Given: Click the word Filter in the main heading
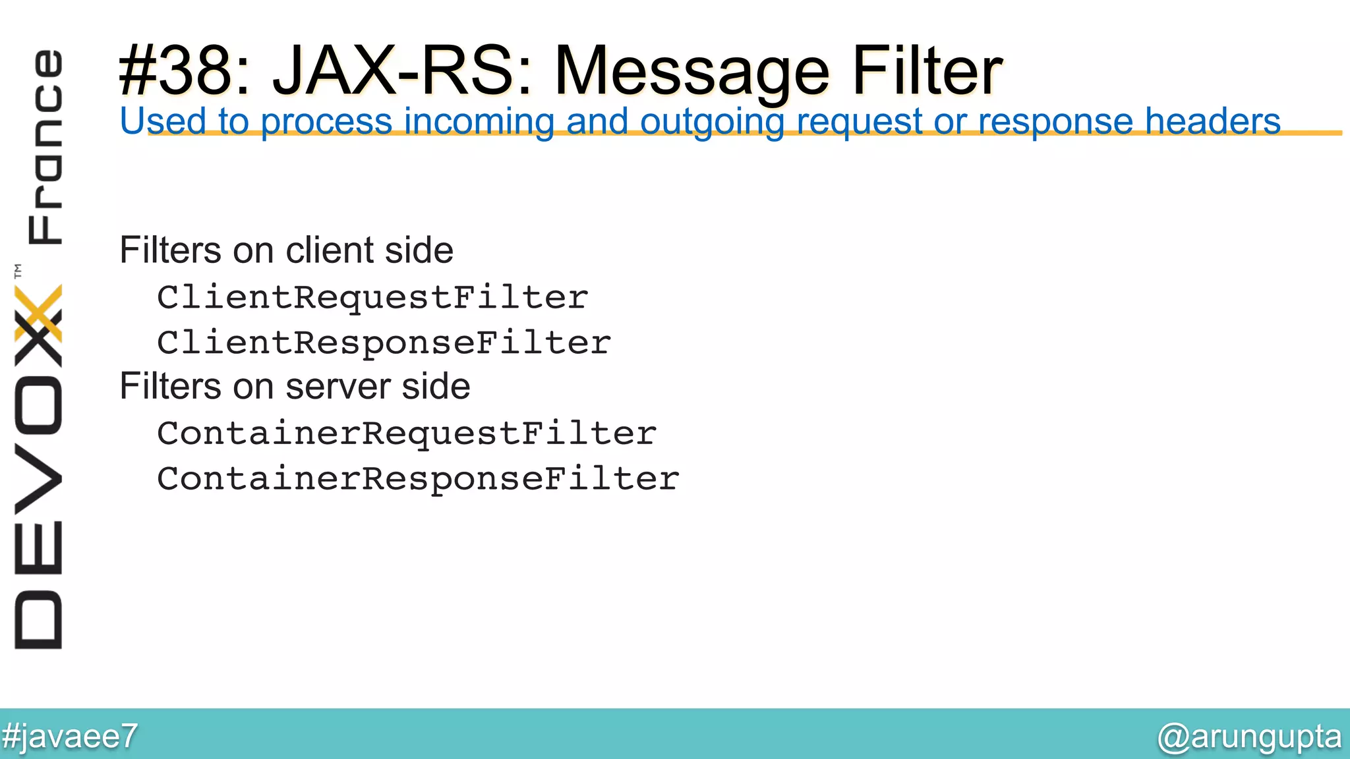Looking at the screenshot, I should pos(927,71).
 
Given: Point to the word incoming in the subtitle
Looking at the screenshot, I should pos(479,122).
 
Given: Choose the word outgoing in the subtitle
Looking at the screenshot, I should pos(712,123).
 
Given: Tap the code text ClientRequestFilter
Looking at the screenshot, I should pos(372,298).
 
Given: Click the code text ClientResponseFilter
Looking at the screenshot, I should pos(384,343).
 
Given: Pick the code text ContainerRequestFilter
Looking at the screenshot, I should pos(407,434).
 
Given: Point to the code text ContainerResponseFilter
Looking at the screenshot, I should pos(418,479).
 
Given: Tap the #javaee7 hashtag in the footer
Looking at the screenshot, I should pos(70,736).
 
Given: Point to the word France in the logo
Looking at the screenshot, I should pos(45,147).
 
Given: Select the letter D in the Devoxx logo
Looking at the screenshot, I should pos(38,620).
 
